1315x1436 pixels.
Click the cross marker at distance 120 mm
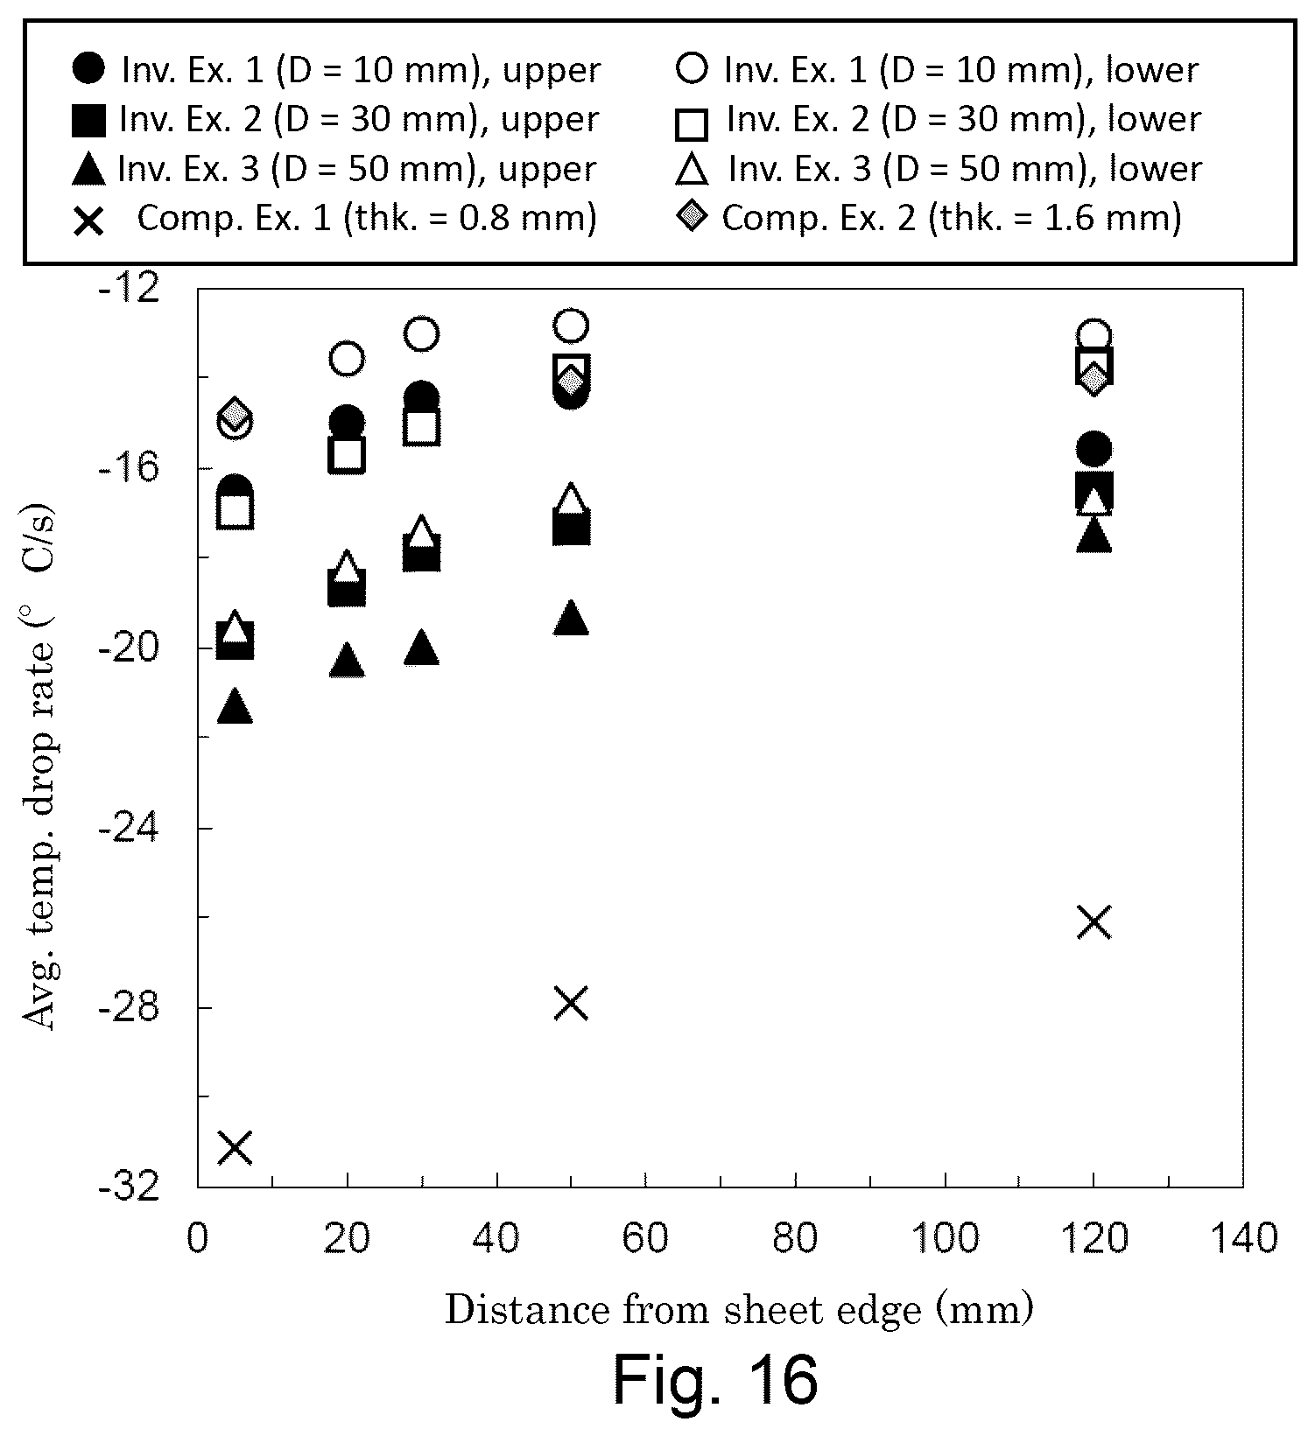[x=1094, y=922]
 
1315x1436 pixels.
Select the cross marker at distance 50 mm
[x=572, y=1004]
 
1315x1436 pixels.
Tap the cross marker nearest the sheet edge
[x=236, y=1147]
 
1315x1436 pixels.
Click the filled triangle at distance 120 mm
[x=1094, y=535]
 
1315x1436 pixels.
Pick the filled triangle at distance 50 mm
[x=572, y=617]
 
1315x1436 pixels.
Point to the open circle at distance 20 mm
[x=348, y=359]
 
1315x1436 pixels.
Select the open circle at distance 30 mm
[x=422, y=333]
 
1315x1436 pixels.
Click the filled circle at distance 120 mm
[x=1094, y=450]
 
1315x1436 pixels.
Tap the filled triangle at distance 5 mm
[x=235, y=705]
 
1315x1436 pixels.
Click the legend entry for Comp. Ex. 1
[x=334, y=218]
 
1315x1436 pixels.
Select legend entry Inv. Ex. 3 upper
[x=334, y=169]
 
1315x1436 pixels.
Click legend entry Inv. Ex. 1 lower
[x=937, y=70]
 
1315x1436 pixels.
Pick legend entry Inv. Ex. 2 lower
[x=938, y=120]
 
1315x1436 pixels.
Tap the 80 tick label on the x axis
[x=796, y=1238]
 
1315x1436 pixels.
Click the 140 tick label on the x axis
[x=1243, y=1238]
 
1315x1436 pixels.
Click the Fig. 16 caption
[x=715, y=1379]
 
